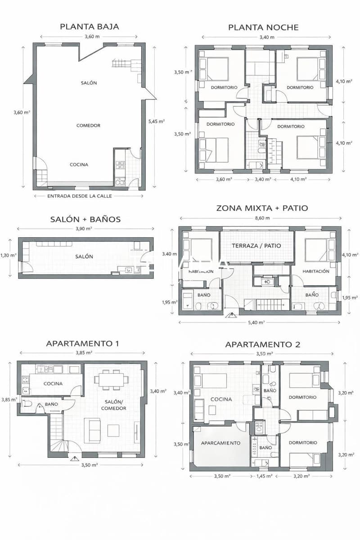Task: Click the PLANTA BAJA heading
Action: coord(90,27)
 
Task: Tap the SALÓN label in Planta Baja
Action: coord(89,83)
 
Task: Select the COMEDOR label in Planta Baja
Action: coord(88,126)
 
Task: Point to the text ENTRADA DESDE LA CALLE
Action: coord(80,196)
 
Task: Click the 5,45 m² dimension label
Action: coord(157,121)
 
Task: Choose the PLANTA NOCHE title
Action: coord(263,27)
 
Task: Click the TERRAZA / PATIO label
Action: coord(256,246)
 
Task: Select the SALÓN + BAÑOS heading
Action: coord(85,219)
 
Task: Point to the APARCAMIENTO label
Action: coord(221,443)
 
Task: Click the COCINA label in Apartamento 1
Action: coord(53,384)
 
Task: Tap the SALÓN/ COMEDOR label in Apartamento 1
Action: coord(115,405)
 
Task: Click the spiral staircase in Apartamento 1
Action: coord(60,445)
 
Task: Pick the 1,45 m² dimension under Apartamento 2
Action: coord(264,476)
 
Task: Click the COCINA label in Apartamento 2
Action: coord(221,399)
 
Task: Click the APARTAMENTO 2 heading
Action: coord(262,345)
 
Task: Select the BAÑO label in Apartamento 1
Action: coord(51,404)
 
